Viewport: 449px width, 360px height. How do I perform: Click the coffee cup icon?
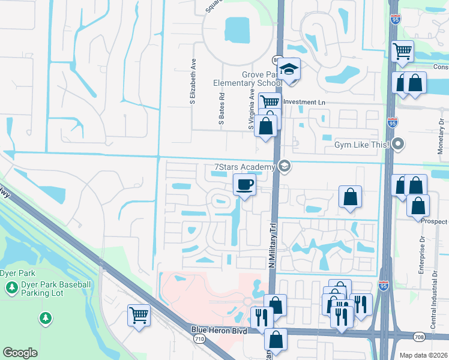coord(244,184)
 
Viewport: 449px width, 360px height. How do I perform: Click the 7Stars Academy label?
coord(244,167)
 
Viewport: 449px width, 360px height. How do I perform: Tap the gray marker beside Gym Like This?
coord(399,145)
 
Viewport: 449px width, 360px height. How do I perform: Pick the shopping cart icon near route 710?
coord(139,314)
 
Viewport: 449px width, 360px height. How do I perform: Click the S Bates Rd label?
coord(221,109)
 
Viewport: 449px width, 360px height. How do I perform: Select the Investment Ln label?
coord(304,103)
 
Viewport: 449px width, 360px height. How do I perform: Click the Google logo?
coord(20,353)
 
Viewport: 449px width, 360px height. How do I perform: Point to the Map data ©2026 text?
coord(423,355)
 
